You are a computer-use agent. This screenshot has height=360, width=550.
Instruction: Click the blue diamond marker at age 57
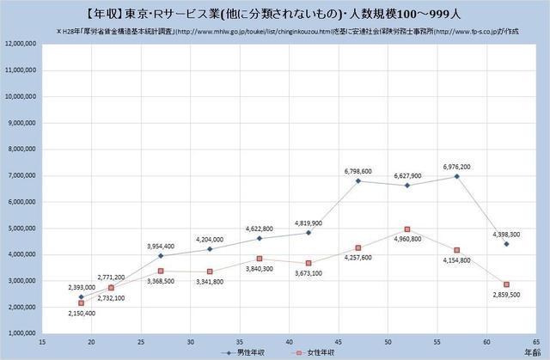(x=457, y=176)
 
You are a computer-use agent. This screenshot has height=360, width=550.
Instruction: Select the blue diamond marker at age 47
(x=358, y=180)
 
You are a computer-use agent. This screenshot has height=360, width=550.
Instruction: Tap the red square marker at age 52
(x=407, y=229)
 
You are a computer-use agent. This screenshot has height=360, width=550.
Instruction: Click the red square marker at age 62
(x=507, y=284)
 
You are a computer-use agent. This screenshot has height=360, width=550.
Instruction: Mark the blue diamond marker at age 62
(x=507, y=244)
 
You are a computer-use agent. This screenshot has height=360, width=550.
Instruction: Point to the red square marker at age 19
(x=81, y=302)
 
